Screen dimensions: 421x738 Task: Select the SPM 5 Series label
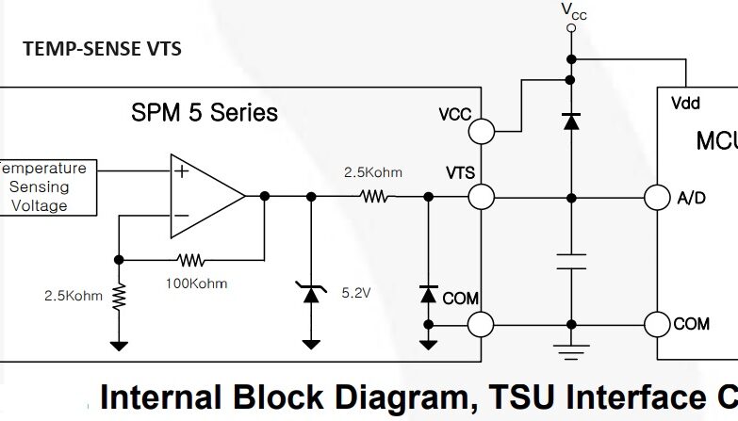point(205,113)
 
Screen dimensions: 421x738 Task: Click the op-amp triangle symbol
point(204,196)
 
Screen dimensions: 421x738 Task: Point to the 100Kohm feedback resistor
point(192,259)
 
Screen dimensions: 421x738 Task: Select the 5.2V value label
point(354,294)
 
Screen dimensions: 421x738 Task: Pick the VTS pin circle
point(482,197)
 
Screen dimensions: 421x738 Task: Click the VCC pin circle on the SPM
point(482,129)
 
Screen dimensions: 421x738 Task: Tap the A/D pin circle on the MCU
point(657,197)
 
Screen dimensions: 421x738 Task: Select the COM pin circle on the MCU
point(657,325)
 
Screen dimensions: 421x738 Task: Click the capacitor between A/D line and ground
point(569,261)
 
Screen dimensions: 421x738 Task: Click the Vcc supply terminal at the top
point(569,28)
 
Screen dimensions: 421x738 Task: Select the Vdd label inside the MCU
point(685,104)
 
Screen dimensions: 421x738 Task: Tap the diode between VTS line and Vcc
point(569,121)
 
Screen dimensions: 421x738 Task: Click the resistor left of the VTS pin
point(374,197)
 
